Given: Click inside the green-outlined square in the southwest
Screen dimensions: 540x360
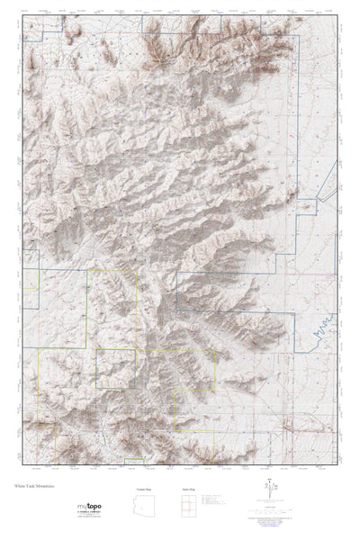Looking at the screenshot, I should pos(115,367).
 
